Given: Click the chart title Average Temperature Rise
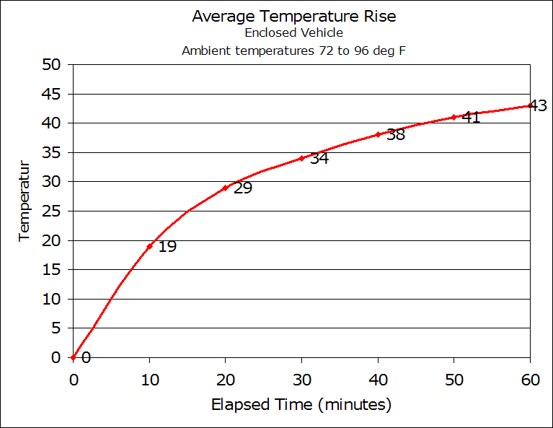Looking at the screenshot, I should tap(293, 17).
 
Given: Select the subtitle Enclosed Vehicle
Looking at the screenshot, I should tap(293, 33).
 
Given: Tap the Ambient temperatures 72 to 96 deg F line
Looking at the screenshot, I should tap(293, 51).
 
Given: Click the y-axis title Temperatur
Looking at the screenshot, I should tap(24, 200).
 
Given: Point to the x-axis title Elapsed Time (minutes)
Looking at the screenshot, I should tap(301, 404).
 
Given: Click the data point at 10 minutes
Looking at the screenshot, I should tap(149, 246).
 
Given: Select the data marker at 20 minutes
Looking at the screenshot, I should tap(226, 188).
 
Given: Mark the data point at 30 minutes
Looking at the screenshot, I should tap(301, 158).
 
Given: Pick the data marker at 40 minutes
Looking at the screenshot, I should tap(378, 134).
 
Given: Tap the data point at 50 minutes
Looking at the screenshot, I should tap(454, 117).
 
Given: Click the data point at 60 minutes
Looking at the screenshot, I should tap(530, 105).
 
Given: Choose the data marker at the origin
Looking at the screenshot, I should tap(73, 357).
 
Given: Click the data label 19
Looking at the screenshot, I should tap(167, 247).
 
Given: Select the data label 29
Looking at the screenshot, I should tap(243, 188).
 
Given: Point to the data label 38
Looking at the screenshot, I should tap(396, 135).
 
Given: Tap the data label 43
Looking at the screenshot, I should tap(538, 106).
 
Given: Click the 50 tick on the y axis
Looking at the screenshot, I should tap(51, 65).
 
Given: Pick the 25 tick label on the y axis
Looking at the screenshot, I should tap(51, 211).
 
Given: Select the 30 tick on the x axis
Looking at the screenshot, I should tap(301, 380).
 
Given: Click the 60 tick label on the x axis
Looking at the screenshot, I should tap(530, 380).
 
